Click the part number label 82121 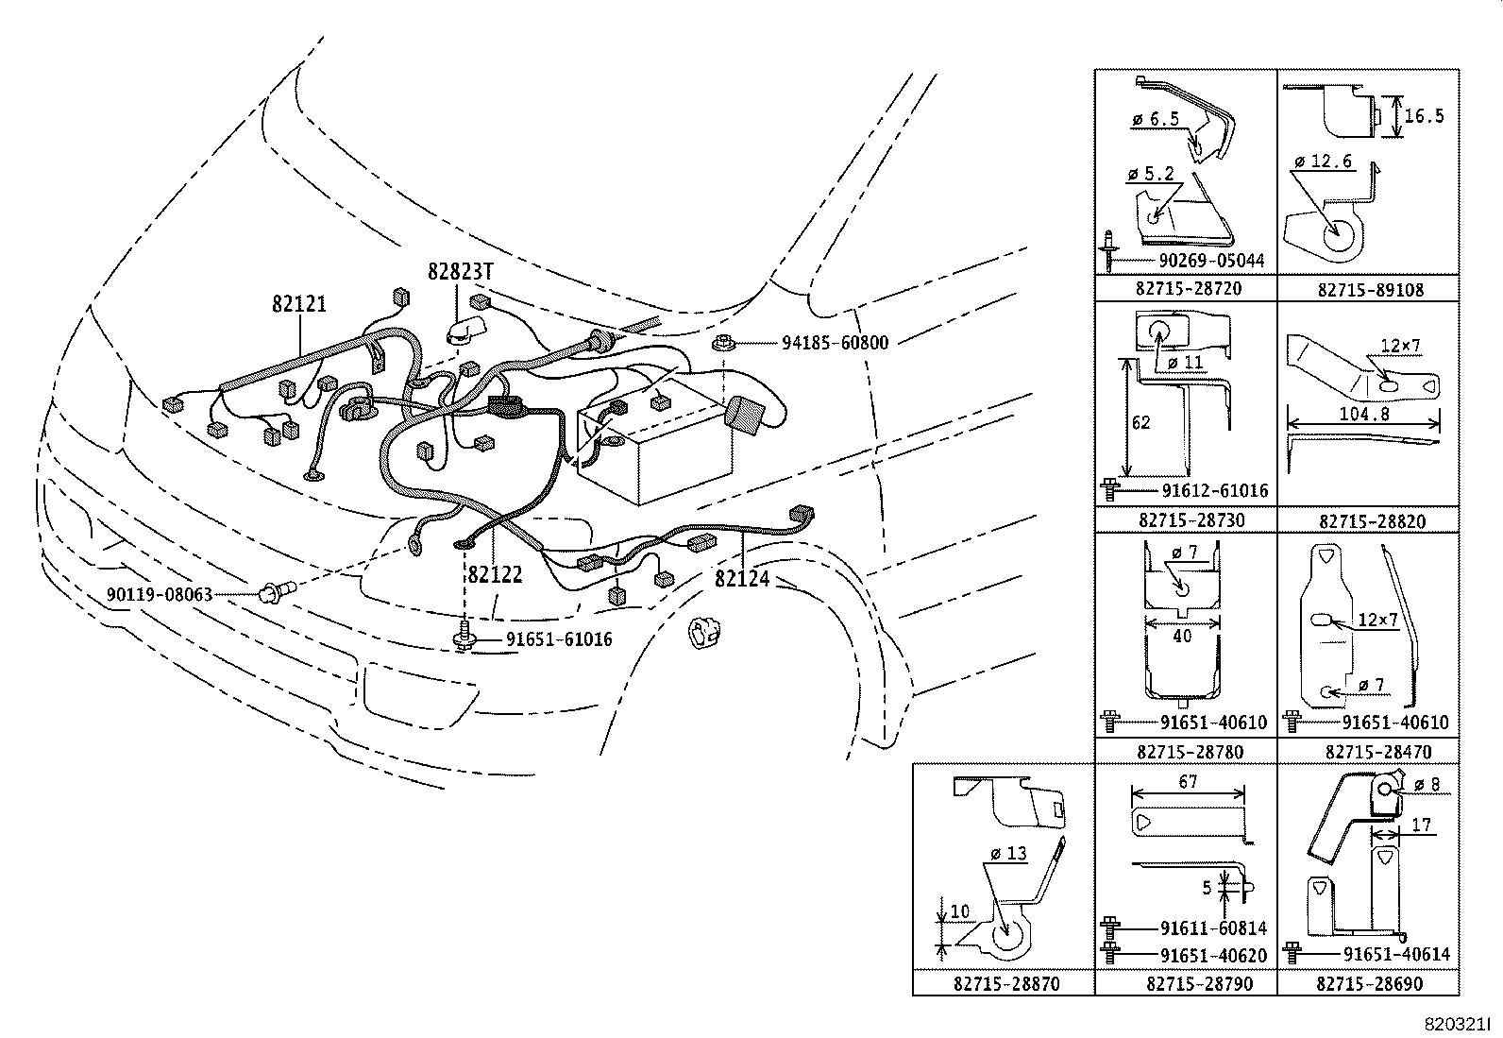point(299,304)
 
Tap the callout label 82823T point(461,272)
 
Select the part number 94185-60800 point(835,343)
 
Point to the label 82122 point(494,575)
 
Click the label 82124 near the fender point(742,578)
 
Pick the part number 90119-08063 point(159,595)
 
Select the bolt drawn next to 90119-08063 point(276,591)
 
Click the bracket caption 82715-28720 point(1187,289)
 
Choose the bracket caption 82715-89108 point(1370,290)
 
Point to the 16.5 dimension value point(1425,117)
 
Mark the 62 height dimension point(1141,422)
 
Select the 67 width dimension point(1188,782)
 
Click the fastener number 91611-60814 point(1213,928)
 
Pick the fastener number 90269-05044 point(1210,260)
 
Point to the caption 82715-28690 point(1369,983)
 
